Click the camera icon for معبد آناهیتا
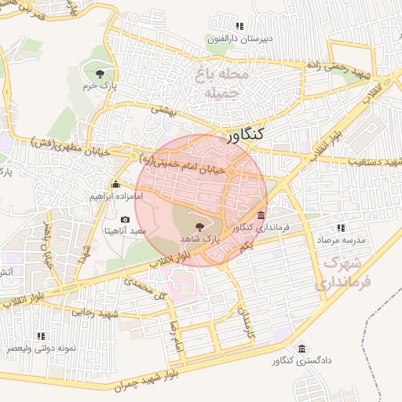tap(126, 221)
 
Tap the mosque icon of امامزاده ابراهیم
tap(117, 185)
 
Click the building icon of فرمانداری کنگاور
tap(261, 216)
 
